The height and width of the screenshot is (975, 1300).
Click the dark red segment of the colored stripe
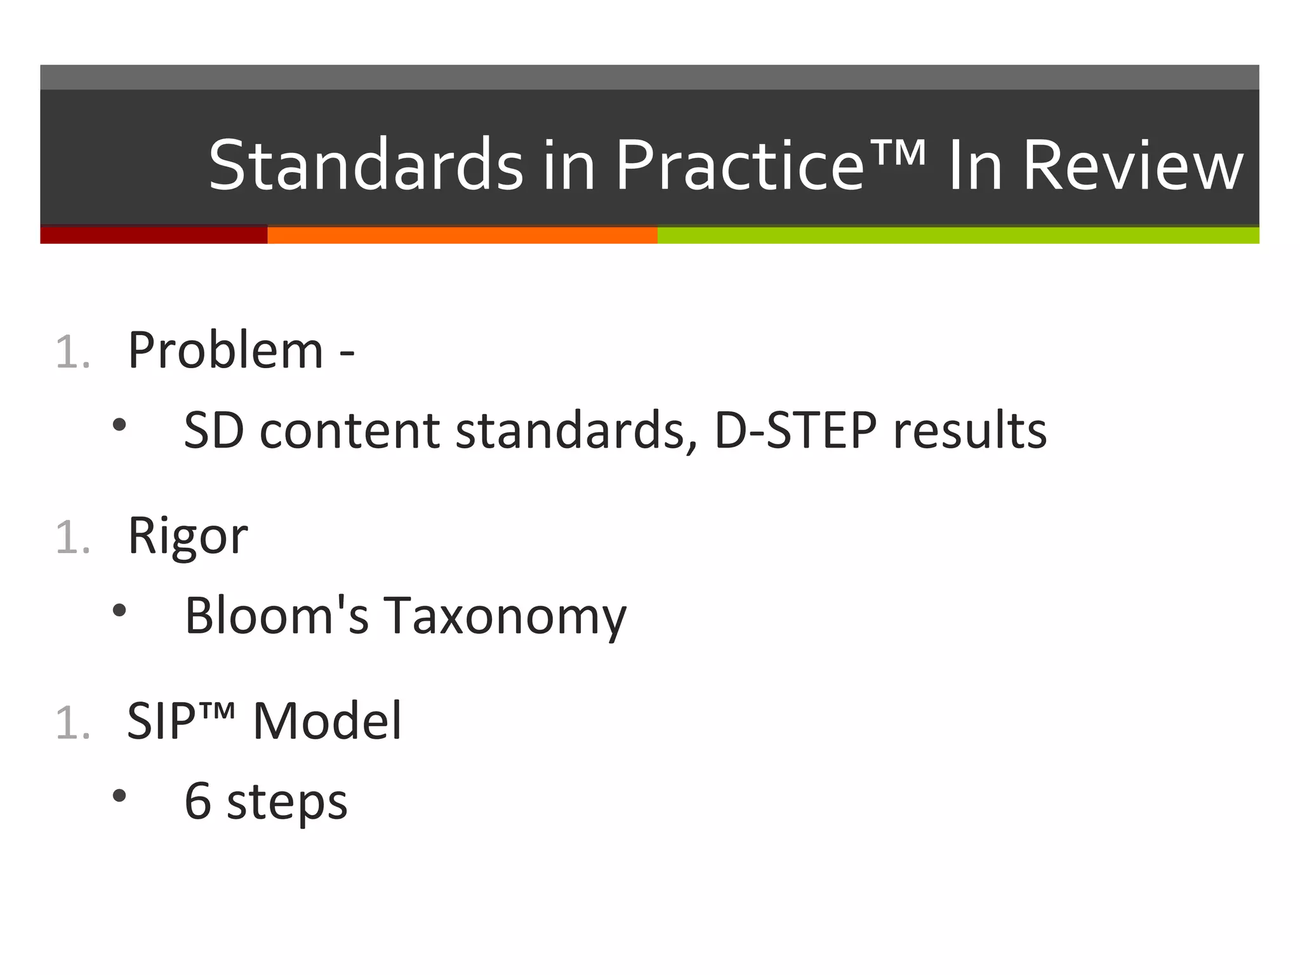coord(154,235)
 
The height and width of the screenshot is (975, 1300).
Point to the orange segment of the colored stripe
coord(462,235)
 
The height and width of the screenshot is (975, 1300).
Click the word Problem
coord(225,350)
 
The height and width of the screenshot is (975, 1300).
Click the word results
coord(970,430)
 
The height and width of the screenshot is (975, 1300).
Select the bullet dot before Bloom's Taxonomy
coord(119,611)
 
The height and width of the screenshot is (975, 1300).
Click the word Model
coord(327,721)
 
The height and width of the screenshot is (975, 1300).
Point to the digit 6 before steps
coord(197,801)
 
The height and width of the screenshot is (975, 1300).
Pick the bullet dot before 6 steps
coord(119,795)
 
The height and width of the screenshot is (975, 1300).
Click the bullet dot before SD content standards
coord(119,425)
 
